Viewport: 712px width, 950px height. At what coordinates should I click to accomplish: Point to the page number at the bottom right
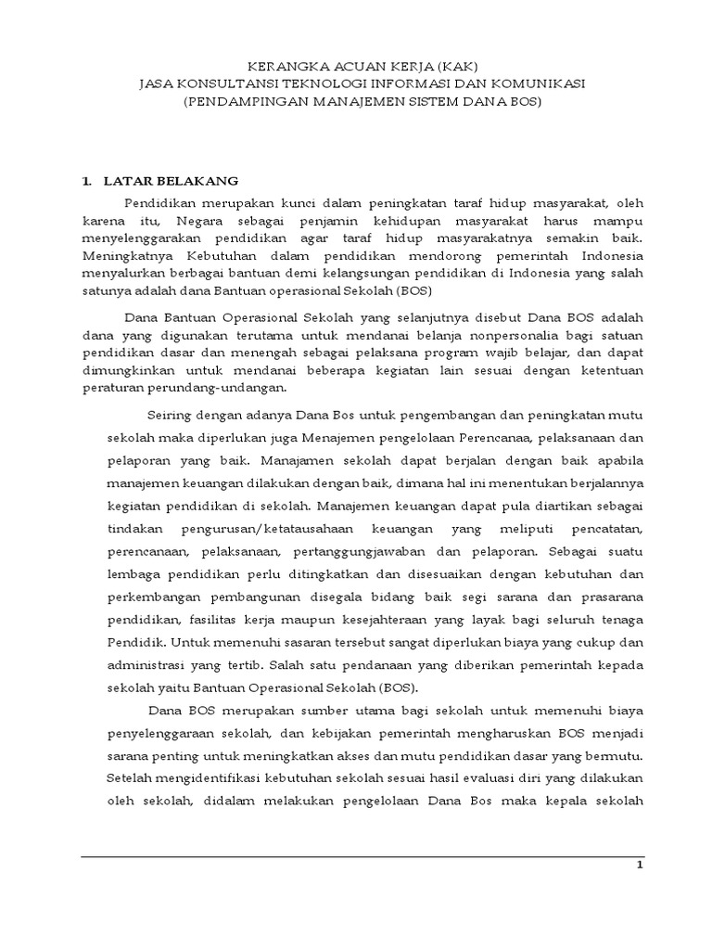click(639, 866)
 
